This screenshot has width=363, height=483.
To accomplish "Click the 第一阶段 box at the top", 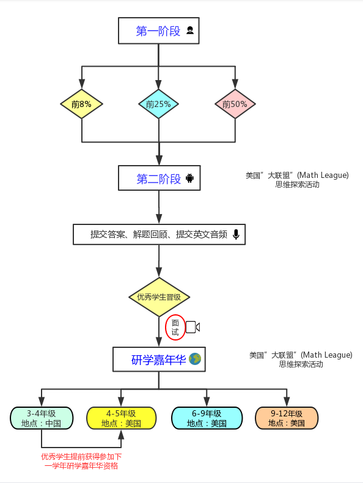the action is pos(158,31).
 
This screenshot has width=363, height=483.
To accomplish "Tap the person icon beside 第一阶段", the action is pos(190,30).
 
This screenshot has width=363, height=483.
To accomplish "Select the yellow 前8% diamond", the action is pos(82,104).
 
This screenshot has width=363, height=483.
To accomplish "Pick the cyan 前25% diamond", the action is pos(158,104).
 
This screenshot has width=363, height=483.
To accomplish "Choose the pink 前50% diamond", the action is pos(235,104).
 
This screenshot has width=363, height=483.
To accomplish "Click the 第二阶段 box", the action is pos(159,178).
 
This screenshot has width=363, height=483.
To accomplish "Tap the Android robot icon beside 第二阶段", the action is pos(189,178).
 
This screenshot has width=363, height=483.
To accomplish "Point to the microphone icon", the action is pos(236,234).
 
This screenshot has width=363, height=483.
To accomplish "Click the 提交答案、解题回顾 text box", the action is pos(159,234).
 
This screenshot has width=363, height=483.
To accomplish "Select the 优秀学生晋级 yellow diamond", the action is pos(159,297).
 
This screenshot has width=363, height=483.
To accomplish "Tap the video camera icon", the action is pos(193,327).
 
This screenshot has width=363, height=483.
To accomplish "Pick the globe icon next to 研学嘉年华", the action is pos(195,359).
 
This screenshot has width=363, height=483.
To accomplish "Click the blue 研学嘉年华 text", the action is pos(158,359).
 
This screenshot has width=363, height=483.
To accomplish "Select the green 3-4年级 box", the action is pos(42,418).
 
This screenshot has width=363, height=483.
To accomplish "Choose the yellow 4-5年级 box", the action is pos(122,418).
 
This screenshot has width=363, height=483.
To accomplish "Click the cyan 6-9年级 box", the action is pos(207,418).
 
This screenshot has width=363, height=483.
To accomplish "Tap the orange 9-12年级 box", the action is pos(287,418).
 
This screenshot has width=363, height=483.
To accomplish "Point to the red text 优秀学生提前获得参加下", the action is pos(82,457).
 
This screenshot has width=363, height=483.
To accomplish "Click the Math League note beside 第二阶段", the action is pos(297,180).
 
